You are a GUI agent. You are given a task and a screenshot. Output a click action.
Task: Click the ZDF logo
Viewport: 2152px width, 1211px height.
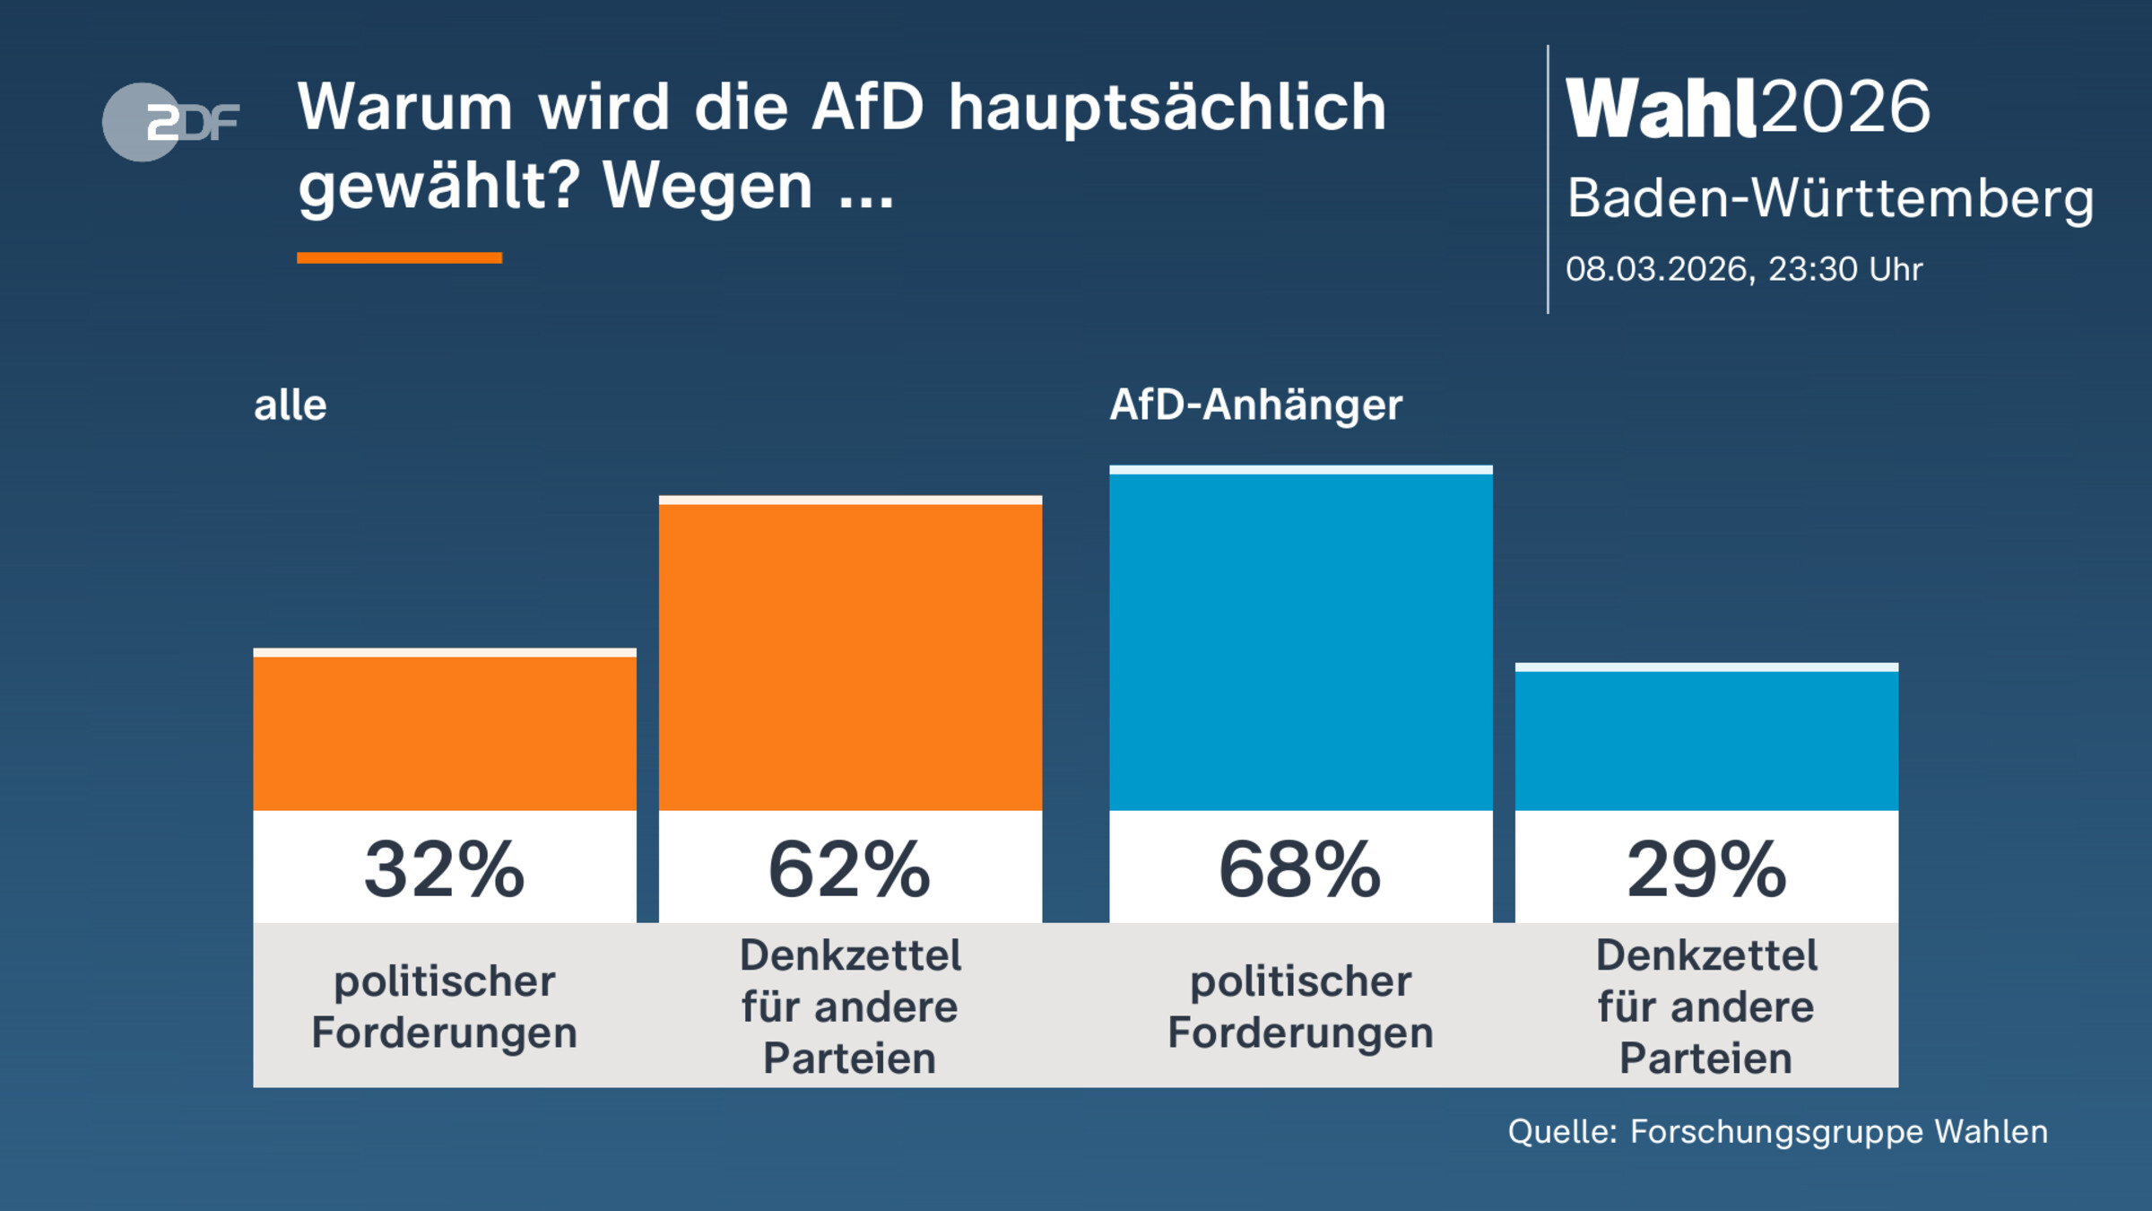tap(170, 122)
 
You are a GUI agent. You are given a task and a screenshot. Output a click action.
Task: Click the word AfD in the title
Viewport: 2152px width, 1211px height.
tap(867, 108)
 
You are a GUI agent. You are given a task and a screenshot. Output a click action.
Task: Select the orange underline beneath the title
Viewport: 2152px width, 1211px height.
tap(399, 257)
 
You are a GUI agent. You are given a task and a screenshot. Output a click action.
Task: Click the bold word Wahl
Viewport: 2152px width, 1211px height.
tap(1660, 109)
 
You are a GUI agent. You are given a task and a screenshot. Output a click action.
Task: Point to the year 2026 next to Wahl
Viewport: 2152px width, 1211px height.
tap(1845, 108)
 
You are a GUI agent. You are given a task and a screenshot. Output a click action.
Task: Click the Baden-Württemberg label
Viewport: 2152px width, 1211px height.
tap(1829, 198)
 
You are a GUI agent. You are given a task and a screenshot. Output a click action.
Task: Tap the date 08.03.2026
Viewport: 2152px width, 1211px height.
tap(1657, 269)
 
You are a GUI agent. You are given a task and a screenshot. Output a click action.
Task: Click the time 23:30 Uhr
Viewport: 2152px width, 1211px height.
tap(1844, 269)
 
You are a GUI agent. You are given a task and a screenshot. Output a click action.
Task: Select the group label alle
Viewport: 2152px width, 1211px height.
tap(290, 405)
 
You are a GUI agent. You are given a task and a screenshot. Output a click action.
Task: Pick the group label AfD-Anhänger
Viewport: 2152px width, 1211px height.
tap(1255, 405)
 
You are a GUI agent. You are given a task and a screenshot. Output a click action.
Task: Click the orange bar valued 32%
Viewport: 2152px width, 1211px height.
tap(445, 731)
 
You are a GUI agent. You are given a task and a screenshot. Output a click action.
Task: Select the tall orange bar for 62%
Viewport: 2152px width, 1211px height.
tap(850, 655)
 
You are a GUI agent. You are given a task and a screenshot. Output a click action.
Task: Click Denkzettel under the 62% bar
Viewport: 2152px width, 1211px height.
tap(850, 955)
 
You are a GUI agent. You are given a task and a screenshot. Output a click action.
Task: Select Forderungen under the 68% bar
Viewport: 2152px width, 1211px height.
tap(1300, 1032)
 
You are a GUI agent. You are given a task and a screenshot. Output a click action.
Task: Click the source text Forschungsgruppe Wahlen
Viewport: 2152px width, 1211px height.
tap(1838, 1132)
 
